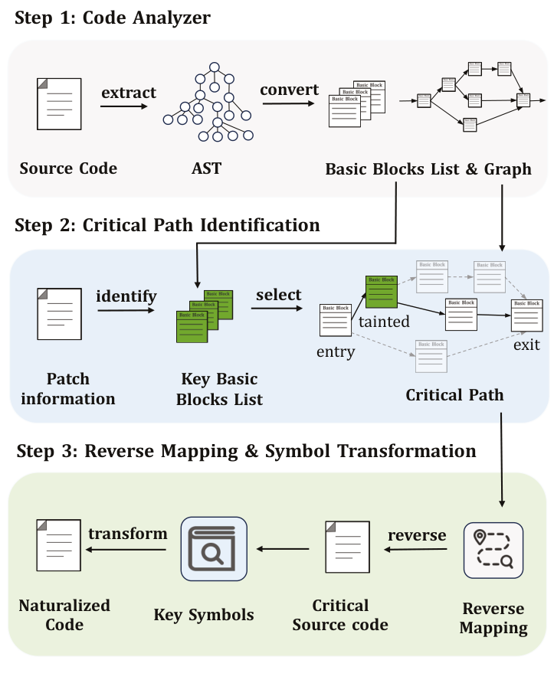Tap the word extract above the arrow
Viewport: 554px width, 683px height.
[x=129, y=93]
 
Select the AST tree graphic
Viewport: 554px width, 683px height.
[x=206, y=101]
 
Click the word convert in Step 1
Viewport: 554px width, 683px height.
[x=289, y=90]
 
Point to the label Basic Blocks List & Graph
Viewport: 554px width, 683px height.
[x=428, y=169]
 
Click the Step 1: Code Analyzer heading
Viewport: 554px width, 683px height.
[x=113, y=18]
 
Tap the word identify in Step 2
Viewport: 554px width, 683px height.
[x=126, y=296]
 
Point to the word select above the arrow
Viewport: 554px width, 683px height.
[x=279, y=295]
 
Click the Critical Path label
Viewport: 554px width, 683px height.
[x=454, y=395]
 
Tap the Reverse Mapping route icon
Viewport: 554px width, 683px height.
[x=493, y=549]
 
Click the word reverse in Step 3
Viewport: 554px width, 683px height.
[x=417, y=534]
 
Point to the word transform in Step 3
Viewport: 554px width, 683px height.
[x=127, y=533]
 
